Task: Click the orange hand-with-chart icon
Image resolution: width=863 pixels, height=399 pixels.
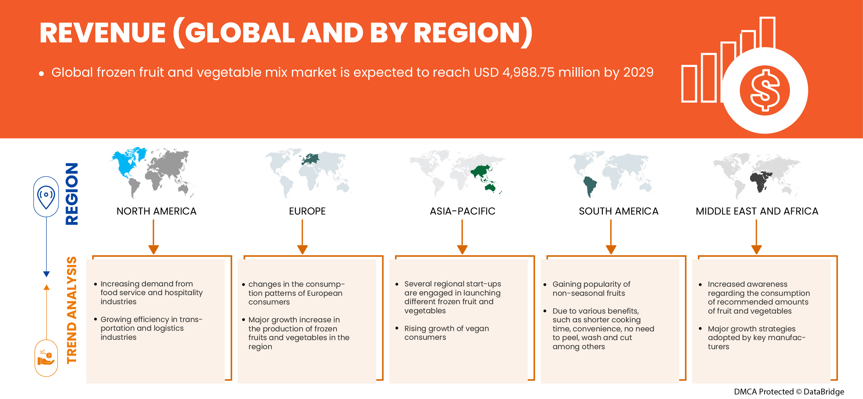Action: [x=46, y=358]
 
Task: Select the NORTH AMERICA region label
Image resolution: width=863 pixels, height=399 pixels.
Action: [x=156, y=211]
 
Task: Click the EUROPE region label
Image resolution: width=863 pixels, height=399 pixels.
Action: [x=307, y=211]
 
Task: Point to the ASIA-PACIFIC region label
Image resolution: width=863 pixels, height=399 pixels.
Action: [x=462, y=211]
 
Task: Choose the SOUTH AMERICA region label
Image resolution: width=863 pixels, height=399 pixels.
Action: [x=618, y=211]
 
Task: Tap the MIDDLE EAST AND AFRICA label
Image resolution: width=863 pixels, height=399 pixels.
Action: [x=757, y=211]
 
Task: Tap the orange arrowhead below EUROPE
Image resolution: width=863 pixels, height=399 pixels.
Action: [x=302, y=249]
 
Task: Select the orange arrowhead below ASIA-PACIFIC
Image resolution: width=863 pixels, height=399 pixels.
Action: [x=462, y=249]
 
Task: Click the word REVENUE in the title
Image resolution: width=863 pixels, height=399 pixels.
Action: [x=103, y=33]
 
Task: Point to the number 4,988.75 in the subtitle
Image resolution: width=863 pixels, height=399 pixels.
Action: [x=528, y=72]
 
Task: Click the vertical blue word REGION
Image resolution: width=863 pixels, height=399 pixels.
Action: [x=72, y=194]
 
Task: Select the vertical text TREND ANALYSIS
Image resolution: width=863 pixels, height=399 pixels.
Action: [x=72, y=310]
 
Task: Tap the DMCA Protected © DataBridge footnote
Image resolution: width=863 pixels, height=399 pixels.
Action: [x=789, y=392]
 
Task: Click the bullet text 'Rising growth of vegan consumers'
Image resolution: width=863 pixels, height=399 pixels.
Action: [x=447, y=333]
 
